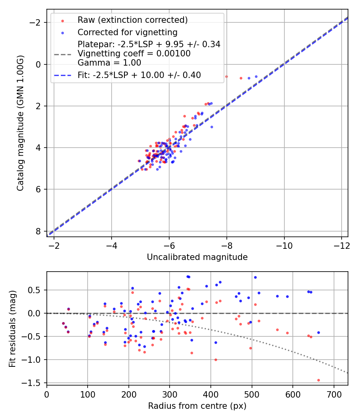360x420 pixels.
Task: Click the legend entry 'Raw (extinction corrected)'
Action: tap(132, 20)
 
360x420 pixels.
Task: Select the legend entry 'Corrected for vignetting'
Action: tap(127, 32)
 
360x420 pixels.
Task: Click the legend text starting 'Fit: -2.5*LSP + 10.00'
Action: tap(139, 75)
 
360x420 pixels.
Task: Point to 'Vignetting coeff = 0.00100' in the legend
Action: tap(134, 53)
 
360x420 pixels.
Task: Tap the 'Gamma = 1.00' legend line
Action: tap(109, 62)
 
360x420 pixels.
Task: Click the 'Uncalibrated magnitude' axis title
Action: tap(197, 257)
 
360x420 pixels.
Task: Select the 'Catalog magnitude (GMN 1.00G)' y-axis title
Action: tap(20, 123)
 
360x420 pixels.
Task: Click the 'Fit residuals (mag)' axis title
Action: tap(12, 328)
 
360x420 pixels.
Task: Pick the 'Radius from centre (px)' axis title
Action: tap(197, 406)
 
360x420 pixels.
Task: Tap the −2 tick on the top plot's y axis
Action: tap(36, 23)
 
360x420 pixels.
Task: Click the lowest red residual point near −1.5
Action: tap(318, 380)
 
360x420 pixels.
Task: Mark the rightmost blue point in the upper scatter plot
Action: tap(256, 76)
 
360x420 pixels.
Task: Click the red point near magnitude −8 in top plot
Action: tap(226, 76)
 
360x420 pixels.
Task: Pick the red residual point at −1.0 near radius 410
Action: tap(216, 360)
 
